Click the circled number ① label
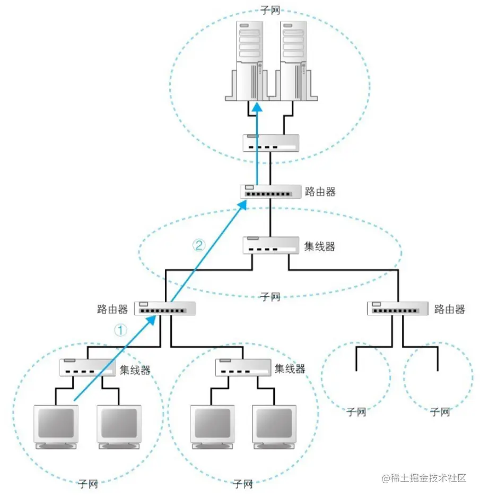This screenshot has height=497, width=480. click(121, 330)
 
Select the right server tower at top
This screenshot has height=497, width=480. click(293, 61)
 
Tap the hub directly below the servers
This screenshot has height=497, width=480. click(271, 143)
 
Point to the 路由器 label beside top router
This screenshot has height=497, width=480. click(320, 191)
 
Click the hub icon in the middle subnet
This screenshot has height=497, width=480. click(270, 245)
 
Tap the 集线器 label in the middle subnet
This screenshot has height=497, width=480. click(320, 246)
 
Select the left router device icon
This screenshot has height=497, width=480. click(165, 309)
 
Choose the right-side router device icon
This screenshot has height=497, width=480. click(397, 309)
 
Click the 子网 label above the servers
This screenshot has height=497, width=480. click(270, 10)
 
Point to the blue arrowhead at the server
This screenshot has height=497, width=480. click(257, 107)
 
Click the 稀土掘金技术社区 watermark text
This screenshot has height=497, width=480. click(424, 477)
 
